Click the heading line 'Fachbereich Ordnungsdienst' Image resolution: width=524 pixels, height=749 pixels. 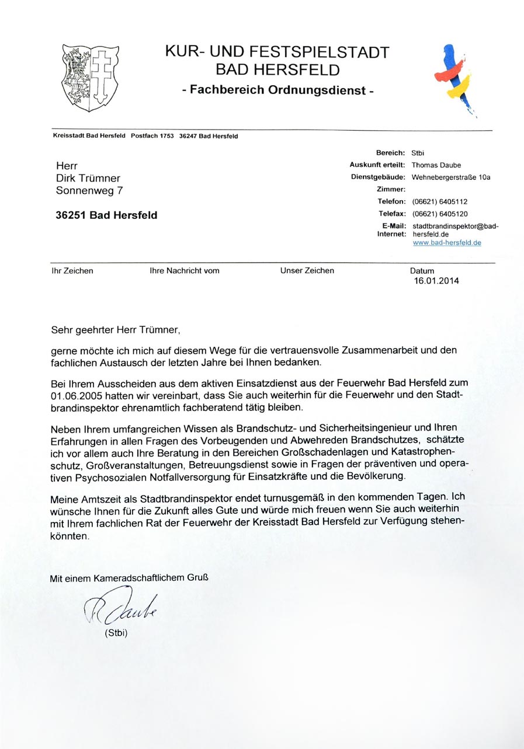click(x=277, y=90)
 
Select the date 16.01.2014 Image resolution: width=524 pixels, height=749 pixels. click(x=436, y=280)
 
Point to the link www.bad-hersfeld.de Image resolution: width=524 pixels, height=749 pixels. click(x=447, y=242)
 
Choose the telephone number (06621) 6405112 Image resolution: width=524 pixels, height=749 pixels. click(x=439, y=201)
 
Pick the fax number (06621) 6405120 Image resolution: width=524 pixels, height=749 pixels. click(x=439, y=214)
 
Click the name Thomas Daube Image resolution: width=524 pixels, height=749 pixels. click(x=436, y=165)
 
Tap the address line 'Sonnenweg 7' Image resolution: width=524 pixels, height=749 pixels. click(x=89, y=190)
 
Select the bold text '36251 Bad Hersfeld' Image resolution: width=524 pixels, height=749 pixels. click(x=106, y=215)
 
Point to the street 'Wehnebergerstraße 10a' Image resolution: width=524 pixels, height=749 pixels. click(x=451, y=177)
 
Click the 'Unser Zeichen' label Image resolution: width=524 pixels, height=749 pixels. click(x=307, y=271)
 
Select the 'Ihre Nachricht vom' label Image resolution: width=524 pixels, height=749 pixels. click(x=185, y=271)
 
